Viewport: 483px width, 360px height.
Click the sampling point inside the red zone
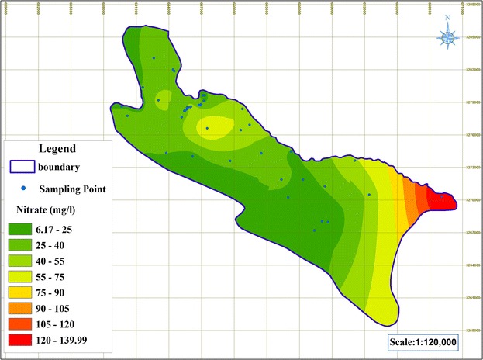point(442,196)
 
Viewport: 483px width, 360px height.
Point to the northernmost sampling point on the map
point(154,58)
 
